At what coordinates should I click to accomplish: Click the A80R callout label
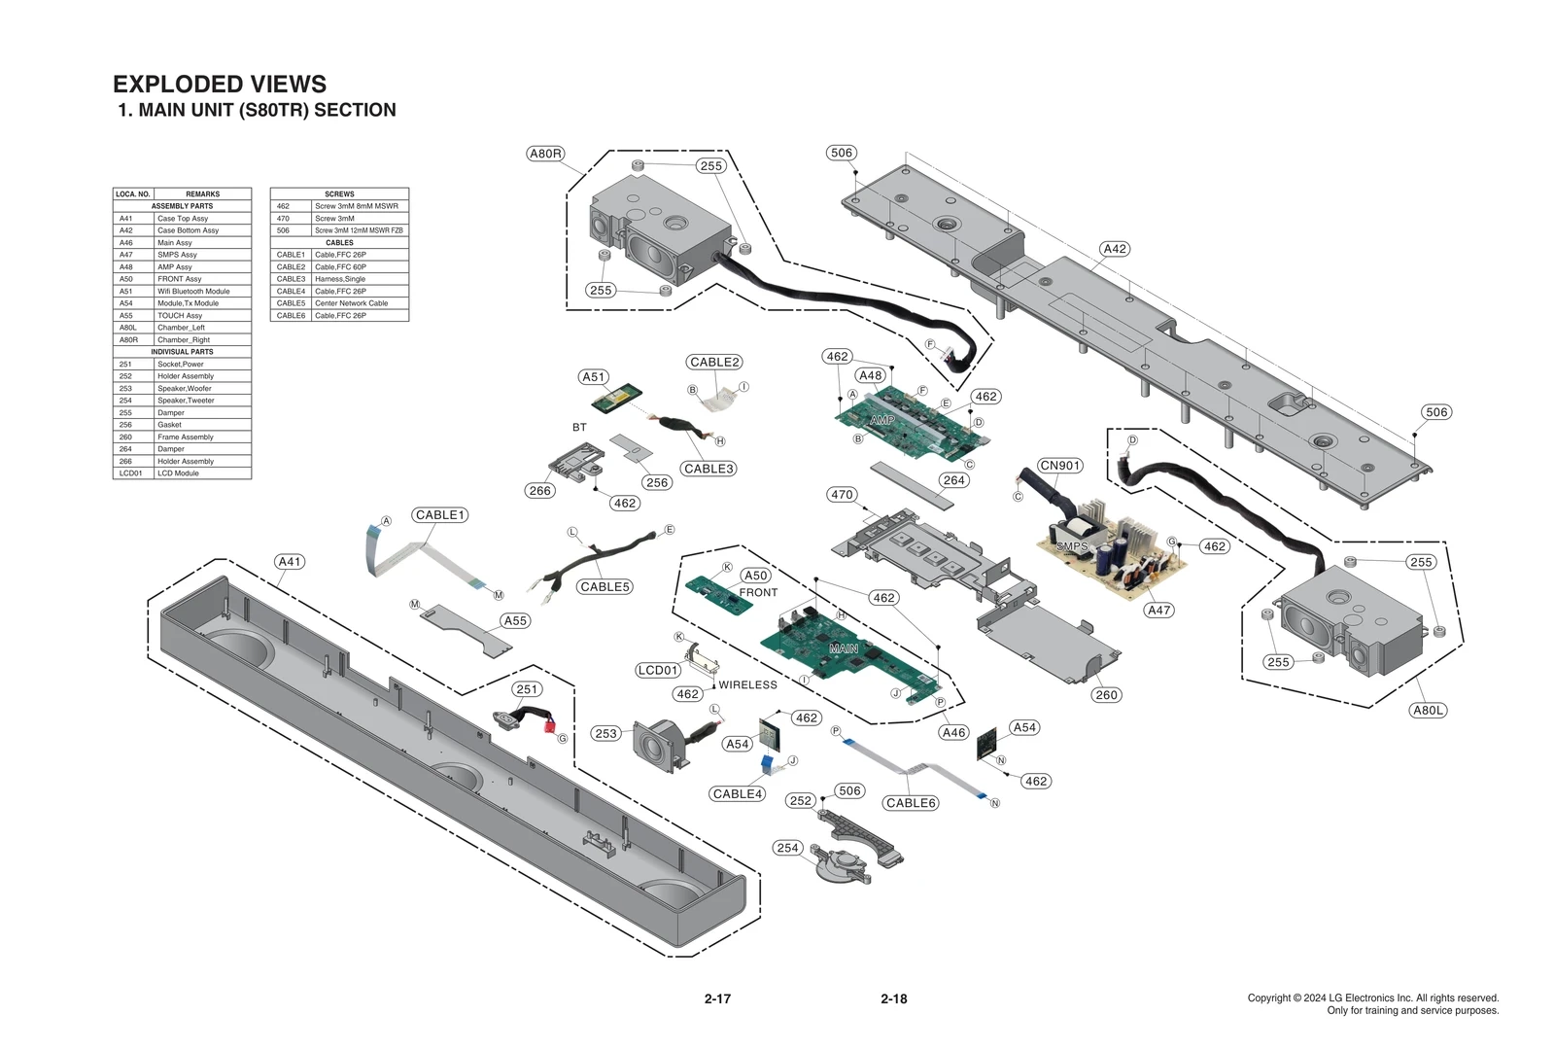545,154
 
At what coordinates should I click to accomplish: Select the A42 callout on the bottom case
1115,249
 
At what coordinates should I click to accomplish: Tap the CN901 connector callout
1059,466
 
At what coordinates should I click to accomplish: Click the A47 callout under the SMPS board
1158,611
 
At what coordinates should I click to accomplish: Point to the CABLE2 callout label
714,363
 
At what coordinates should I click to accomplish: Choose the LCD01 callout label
658,671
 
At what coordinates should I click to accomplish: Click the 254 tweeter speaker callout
787,848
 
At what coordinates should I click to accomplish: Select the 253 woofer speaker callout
605,734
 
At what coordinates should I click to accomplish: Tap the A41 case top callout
290,562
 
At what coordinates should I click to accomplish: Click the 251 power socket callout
527,689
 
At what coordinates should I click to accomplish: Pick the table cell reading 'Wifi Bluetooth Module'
193,291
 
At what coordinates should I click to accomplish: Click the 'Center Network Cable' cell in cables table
351,303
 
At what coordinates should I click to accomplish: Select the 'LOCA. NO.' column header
132,193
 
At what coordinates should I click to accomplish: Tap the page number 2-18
893,998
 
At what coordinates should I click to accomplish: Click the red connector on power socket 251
549,726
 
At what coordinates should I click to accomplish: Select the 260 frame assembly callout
1106,695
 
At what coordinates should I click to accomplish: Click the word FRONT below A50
758,592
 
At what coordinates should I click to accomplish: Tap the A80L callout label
1428,711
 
